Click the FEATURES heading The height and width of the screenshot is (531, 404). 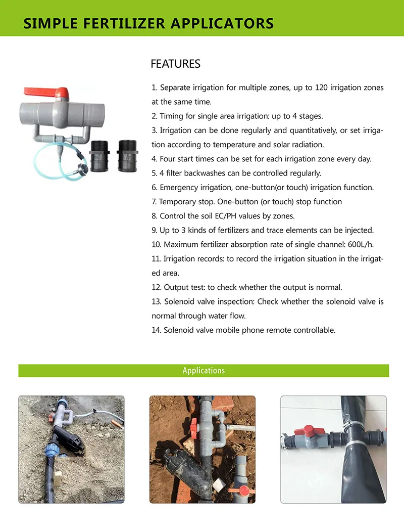tap(175, 64)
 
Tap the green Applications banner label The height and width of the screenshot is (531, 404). tap(204, 371)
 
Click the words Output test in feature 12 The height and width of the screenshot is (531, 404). tap(183, 287)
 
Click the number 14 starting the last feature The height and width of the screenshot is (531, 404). tap(156, 330)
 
